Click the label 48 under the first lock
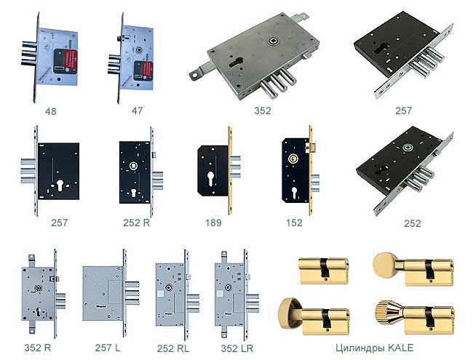[51, 111]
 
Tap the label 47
[138, 111]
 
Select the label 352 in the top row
[263, 111]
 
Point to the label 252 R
[136, 223]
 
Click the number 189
[213, 223]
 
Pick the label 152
[294, 223]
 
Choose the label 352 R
[38, 348]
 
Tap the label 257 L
[108, 348]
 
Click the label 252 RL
[173, 348]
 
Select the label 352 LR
[237, 348]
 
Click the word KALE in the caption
[400, 348]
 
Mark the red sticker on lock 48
[71, 61]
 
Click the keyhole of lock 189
[210, 178]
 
